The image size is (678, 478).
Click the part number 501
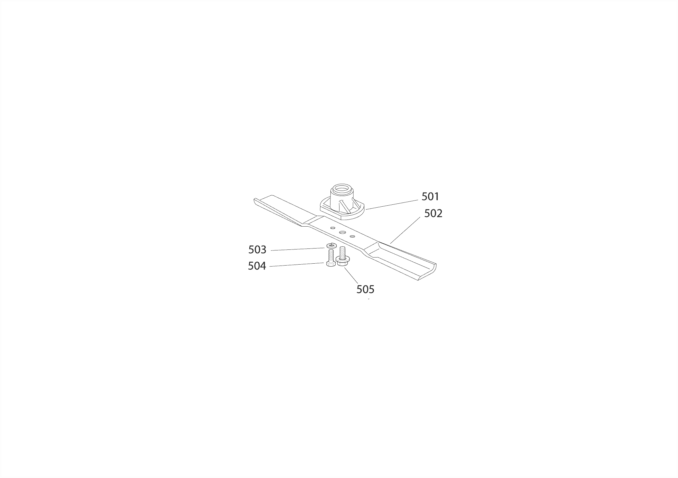tap(430, 196)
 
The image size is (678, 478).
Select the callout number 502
tap(433, 213)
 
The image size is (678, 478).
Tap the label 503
tap(257, 249)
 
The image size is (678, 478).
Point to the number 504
tap(257, 266)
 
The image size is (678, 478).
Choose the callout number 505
tap(365, 289)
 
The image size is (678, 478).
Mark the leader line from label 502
tap(405, 230)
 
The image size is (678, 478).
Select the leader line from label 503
tap(298, 249)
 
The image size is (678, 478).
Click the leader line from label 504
tap(297, 265)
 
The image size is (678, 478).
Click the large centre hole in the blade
tap(342, 232)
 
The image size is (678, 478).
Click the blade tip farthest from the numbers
tap(262, 202)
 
